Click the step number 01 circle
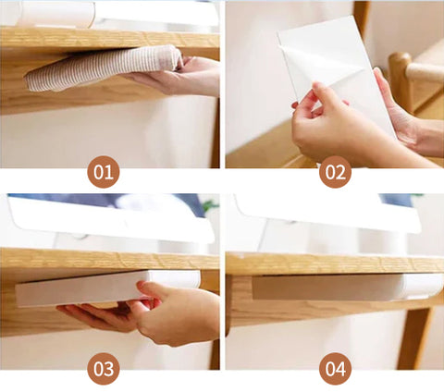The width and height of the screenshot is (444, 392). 104,172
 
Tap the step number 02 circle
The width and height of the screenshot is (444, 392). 335,172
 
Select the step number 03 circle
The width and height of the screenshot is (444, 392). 104,369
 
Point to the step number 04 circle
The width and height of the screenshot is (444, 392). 335,369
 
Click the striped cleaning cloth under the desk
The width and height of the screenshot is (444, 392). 102,68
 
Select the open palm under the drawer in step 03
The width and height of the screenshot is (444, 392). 99,317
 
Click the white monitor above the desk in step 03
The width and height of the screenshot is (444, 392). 111,219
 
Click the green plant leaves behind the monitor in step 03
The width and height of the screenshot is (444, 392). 210,205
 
